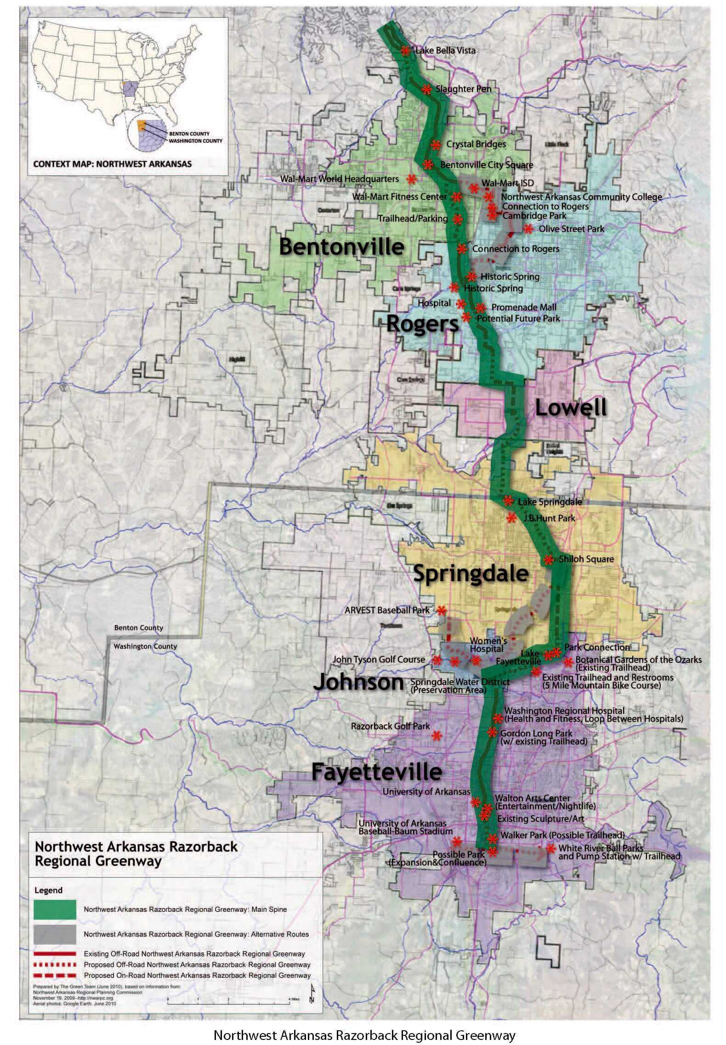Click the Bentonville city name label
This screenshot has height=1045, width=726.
(x=341, y=247)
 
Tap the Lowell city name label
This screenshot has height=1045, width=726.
(x=571, y=408)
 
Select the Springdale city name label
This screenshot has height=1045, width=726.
(x=471, y=574)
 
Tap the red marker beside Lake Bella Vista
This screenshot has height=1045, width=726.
(x=405, y=51)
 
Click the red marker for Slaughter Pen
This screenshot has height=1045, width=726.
(x=426, y=89)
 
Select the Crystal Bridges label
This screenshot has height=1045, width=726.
(x=476, y=144)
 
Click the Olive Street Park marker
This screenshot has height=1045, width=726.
(x=528, y=229)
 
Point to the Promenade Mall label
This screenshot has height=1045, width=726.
(x=523, y=307)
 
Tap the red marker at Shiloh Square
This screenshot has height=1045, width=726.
(x=548, y=559)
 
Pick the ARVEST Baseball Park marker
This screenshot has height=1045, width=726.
(x=442, y=610)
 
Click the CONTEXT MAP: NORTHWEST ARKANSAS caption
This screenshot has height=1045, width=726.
(x=113, y=163)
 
